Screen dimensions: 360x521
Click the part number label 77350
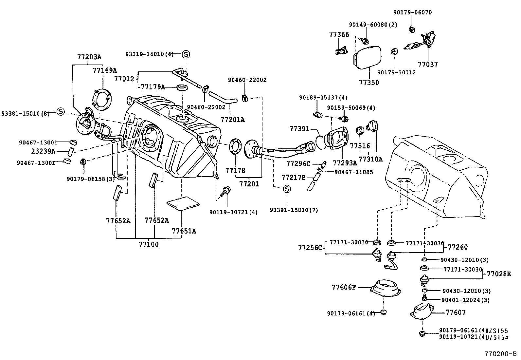tap(369, 83)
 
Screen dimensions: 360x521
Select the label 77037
tap(427, 65)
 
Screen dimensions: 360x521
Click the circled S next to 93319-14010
tap(186, 54)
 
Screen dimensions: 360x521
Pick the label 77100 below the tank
tap(148, 244)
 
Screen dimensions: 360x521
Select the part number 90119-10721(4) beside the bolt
tap(233, 212)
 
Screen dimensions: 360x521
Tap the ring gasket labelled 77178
tap(235, 148)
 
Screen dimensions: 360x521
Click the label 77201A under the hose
tap(232, 120)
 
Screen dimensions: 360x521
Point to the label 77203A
tap(89, 57)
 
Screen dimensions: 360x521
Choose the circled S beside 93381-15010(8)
tap(61, 112)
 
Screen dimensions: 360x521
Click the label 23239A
tap(44, 151)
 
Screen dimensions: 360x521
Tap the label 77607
tap(456, 313)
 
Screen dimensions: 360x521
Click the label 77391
tap(299, 129)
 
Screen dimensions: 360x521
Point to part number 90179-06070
tap(412, 12)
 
